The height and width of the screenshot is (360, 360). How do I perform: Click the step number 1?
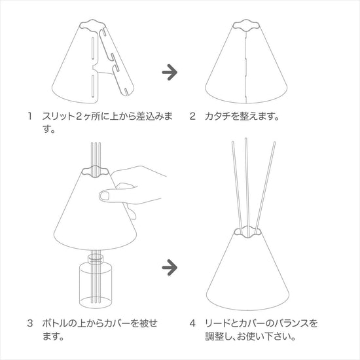29,116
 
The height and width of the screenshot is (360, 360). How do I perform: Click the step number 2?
192,116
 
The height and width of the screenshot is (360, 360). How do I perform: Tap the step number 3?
30,323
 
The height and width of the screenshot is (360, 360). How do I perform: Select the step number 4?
192,323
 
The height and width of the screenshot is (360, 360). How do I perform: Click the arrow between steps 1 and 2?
170,72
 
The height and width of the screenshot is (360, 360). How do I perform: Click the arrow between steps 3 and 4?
170,268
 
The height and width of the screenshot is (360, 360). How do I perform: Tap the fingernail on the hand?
105,196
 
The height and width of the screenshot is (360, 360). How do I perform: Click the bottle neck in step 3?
96,259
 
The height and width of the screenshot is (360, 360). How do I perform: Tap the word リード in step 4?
217,323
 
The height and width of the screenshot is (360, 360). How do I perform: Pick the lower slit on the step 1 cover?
93,85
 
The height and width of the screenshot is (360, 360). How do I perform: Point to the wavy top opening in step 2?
246,25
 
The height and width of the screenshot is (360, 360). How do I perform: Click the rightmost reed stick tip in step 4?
274,143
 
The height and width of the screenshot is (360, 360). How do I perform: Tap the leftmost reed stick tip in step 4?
233,142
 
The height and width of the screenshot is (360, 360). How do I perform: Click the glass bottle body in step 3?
96,286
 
